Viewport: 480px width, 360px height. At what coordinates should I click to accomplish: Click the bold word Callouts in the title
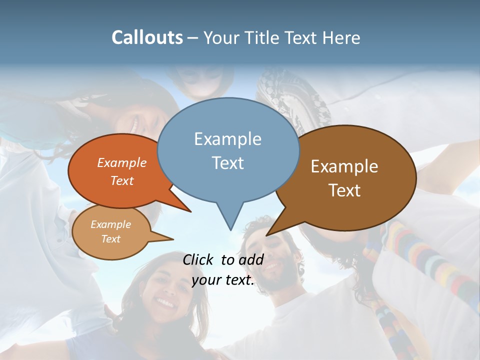coord(147,37)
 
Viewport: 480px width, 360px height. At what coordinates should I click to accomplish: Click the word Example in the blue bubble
coord(227,139)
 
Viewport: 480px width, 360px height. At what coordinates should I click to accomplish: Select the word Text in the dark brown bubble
coord(344,190)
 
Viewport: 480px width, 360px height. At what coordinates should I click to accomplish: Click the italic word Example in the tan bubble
coord(110,224)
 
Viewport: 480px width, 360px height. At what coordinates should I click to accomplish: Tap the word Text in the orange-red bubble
coord(122,180)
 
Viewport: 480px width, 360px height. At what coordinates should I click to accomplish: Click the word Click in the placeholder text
coord(199,259)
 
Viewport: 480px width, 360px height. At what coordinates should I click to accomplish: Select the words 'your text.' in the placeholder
coord(223,280)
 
